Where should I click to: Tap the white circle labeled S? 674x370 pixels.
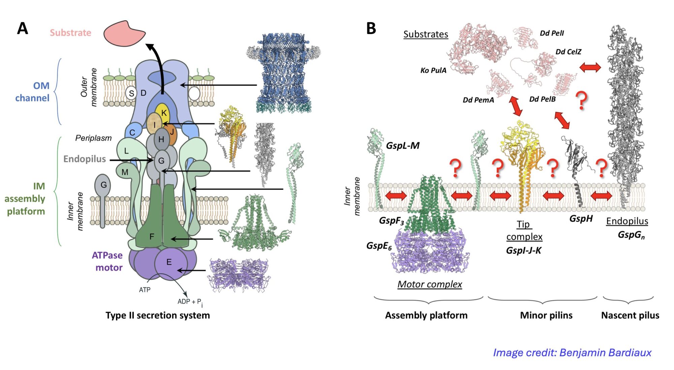tap(131, 93)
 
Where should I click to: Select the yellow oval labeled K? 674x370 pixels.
tap(163, 112)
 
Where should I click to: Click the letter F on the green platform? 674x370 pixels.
tap(152, 237)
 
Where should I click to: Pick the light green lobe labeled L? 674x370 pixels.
tap(127, 150)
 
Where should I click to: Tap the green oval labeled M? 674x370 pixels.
tap(125, 172)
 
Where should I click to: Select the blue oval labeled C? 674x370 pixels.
tap(132, 132)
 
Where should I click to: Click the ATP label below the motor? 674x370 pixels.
tap(145, 290)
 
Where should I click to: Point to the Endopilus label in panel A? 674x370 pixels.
tap(85, 159)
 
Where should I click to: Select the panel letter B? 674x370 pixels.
tap(371, 29)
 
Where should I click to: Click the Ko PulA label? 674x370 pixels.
tap(433, 70)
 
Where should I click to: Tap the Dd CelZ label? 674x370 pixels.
tap(568, 52)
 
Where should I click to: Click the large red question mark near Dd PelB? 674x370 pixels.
tap(581, 100)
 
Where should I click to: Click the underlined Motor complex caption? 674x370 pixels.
tap(430, 284)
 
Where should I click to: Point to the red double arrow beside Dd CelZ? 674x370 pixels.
tap(590, 67)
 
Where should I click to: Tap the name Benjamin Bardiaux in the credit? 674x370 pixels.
tap(605, 352)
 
